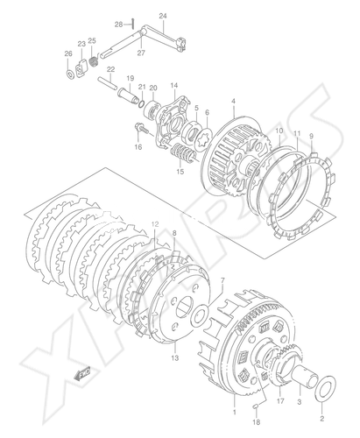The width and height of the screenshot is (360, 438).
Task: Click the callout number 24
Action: coord(163,16)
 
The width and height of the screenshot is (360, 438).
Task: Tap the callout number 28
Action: coord(118,25)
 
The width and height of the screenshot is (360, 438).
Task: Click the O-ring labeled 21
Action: coord(142,104)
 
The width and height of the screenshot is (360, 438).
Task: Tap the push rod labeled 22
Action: coord(107,83)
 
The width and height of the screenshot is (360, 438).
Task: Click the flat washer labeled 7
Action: coord(200,315)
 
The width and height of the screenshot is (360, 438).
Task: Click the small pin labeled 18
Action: coord(256,406)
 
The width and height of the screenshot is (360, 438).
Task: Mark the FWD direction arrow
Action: coord(83,373)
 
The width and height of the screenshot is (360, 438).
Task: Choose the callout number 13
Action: coord(175,358)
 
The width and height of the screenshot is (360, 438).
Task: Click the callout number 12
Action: coord(155,224)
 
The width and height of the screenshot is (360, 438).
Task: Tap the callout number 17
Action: coord(280,401)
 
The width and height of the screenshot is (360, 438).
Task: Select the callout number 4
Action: coord(233,102)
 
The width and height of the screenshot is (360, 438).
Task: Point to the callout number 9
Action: coord(311,136)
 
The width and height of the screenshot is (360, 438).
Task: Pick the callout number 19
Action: coord(130,78)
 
